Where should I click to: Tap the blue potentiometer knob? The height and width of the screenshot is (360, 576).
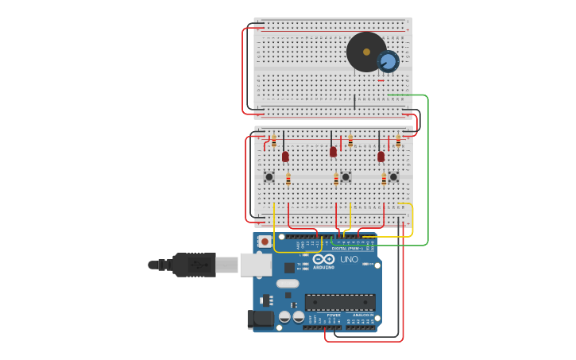click(x=388, y=61)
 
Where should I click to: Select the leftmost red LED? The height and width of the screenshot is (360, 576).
click(x=285, y=157)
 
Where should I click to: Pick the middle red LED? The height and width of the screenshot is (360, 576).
click(x=333, y=151)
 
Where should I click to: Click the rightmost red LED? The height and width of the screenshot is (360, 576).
click(x=381, y=157)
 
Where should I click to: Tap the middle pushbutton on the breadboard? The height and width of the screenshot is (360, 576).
click(x=346, y=176)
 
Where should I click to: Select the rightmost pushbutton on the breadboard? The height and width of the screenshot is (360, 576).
click(x=393, y=176)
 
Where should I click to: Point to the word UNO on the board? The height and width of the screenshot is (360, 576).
click(x=350, y=260)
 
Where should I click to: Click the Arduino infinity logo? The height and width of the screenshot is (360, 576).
click(x=324, y=259)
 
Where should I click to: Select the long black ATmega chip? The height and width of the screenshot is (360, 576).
click(x=340, y=302)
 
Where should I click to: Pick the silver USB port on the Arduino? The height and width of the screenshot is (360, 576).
click(x=256, y=265)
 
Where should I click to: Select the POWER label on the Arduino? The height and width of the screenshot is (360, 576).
click(x=334, y=315)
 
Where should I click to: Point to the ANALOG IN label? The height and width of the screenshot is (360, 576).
click(x=363, y=315)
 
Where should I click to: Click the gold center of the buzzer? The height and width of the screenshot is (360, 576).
click(x=366, y=52)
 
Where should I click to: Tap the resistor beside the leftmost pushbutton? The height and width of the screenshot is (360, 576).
click(x=288, y=179)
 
